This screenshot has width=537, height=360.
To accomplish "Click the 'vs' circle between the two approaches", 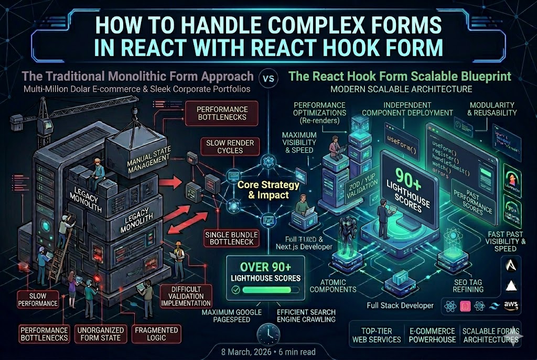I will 268,80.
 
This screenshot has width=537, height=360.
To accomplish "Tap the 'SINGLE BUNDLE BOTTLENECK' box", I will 229,238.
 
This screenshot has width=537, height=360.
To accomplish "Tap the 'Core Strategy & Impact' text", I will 269,189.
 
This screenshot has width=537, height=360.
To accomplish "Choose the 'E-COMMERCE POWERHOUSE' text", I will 432,335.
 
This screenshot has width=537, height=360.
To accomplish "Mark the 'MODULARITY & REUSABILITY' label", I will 493,109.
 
